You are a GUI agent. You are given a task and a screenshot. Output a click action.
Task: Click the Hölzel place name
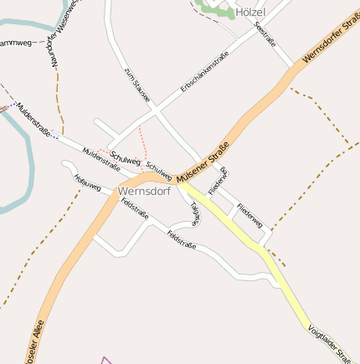pos(250,13)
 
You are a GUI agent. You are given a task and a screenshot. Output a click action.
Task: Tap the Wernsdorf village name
pos(145,191)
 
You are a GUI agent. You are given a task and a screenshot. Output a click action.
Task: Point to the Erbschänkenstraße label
pos(204,74)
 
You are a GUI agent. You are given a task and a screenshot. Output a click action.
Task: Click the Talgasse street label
pos(194,213)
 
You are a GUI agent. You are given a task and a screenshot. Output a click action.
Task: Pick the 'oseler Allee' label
pos(39,334)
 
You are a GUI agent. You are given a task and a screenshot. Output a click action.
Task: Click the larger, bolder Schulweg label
pos(125,159)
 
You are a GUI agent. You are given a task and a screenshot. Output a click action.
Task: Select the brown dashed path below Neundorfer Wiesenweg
pos(60,100)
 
